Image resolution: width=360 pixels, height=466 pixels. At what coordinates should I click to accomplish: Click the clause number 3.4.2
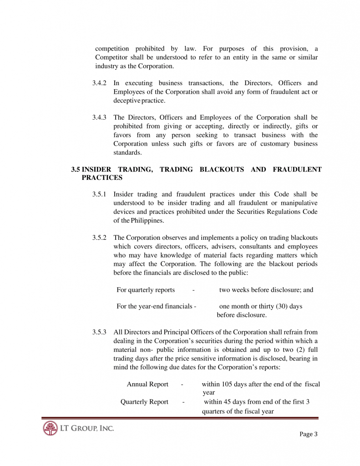point(99,83)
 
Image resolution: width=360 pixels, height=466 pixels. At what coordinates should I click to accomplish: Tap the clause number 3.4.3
point(99,117)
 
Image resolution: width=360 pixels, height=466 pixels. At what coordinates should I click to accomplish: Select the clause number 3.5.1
point(99,195)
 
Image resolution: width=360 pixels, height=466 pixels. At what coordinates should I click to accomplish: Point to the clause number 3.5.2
point(99,238)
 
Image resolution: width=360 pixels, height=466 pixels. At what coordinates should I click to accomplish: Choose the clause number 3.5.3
point(99,332)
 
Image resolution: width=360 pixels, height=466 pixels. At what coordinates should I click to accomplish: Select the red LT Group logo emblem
point(50,429)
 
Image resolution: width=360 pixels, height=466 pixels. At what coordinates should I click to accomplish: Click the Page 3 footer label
point(309,434)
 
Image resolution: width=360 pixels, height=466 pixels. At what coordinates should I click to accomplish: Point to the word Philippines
point(147,221)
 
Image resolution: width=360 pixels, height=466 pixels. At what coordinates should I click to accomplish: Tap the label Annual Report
point(147,385)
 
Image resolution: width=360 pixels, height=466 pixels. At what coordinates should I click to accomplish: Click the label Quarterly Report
point(144,402)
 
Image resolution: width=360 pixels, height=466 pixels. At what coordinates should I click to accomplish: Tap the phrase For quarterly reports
point(146,290)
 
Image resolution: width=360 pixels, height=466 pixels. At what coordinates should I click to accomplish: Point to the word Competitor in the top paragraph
point(113,57)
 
